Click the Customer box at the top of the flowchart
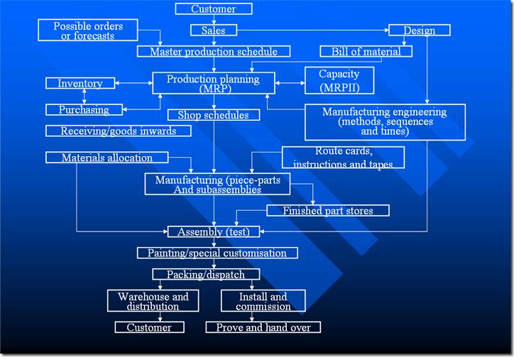point(214,9)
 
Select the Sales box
point(213,31)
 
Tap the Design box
point(419,31)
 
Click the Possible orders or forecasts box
point(88,31)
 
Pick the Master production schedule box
point(213,52)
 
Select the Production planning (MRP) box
point(213,84)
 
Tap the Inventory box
point(79,84)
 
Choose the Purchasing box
point(83,110)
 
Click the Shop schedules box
point(208,115)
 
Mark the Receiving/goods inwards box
point(118,131)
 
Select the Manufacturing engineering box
point(385,121)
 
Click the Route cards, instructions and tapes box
point(343,158)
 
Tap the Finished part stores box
point(328,210)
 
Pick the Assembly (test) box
point(214,231)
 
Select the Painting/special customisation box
point(217,253)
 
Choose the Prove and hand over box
point(263,327)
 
